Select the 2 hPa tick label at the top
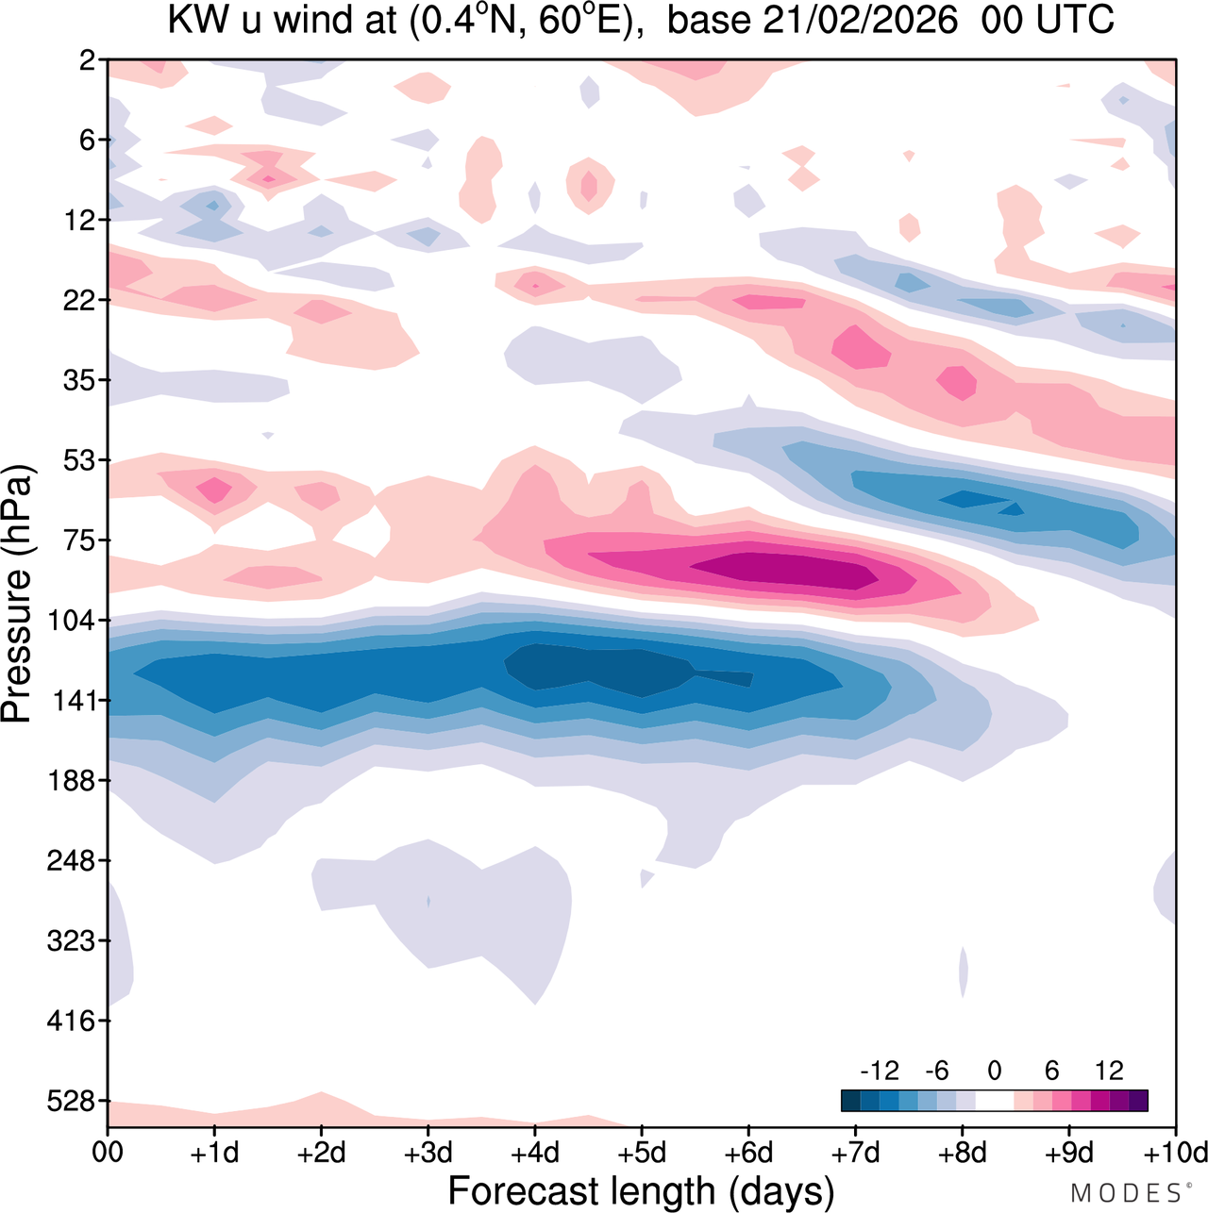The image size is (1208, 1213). coord(89,60)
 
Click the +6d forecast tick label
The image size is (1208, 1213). coord(748,1153)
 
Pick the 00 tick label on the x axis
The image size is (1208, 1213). coord(109,1153)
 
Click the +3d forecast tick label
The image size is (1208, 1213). coord(428,1153)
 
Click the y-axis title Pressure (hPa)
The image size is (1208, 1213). coord(17,594)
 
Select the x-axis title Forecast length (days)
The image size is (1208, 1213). coord(641,1191)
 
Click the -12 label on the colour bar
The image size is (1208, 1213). coord(879,1071)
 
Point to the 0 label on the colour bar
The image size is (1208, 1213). coord(995,1071)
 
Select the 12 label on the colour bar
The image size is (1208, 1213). coord(1110,1071)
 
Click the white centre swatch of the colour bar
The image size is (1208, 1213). coord(995,1100)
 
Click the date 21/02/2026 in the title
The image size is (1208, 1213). coord(860,20)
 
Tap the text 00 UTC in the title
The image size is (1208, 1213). coord(1048,20)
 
